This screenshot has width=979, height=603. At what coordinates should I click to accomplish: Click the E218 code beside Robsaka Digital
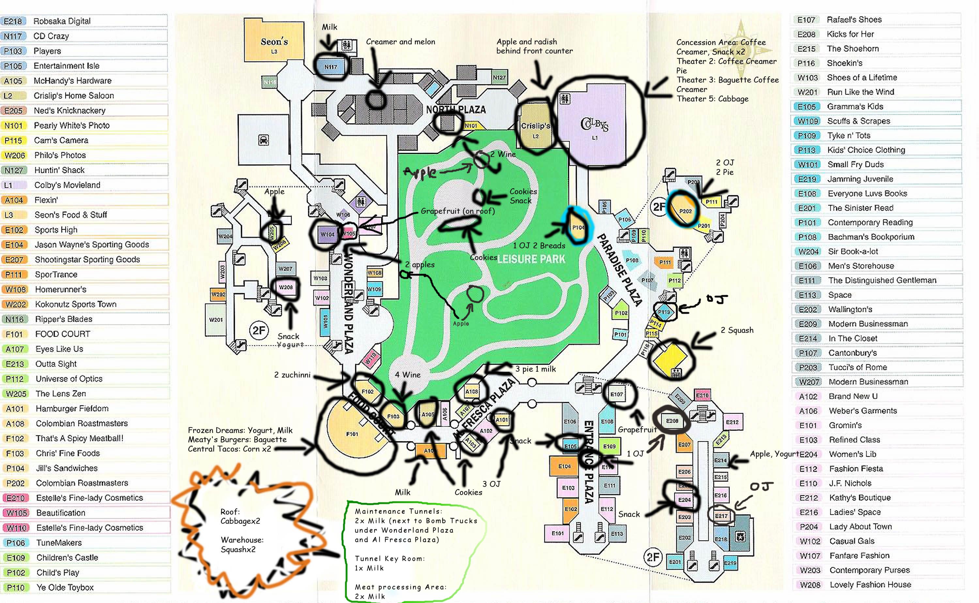point(13,21)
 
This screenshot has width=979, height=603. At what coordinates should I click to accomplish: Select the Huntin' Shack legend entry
point(59,170)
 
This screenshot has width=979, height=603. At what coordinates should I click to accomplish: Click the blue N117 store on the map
point(331,67)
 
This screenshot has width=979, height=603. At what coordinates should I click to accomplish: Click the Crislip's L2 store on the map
point(536,128)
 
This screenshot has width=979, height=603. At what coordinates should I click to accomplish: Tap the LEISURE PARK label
point(531,259)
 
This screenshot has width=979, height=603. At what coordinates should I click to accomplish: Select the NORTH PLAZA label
point(456,110)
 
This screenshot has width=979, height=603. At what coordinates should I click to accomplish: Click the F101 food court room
point(352,434)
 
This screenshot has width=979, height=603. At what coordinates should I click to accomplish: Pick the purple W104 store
point(327,235)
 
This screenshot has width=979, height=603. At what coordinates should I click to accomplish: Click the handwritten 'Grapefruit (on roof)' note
point(458,211)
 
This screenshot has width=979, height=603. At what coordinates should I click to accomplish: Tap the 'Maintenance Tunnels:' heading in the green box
point(398,511)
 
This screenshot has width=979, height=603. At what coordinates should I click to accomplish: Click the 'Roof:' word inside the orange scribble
point(230,512)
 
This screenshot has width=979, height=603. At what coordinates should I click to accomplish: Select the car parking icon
point(263,140)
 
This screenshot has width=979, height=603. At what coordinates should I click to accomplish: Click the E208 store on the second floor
point(672,421)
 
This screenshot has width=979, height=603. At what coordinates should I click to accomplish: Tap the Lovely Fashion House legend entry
point(870,585)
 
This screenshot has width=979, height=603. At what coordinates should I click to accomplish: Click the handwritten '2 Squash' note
point(737,330)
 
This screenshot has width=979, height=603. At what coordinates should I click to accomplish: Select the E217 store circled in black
point(721,516)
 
